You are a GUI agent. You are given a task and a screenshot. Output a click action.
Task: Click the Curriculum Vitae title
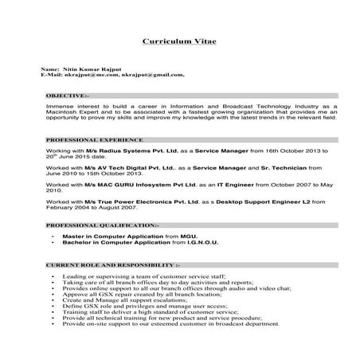(x=179, y=41)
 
